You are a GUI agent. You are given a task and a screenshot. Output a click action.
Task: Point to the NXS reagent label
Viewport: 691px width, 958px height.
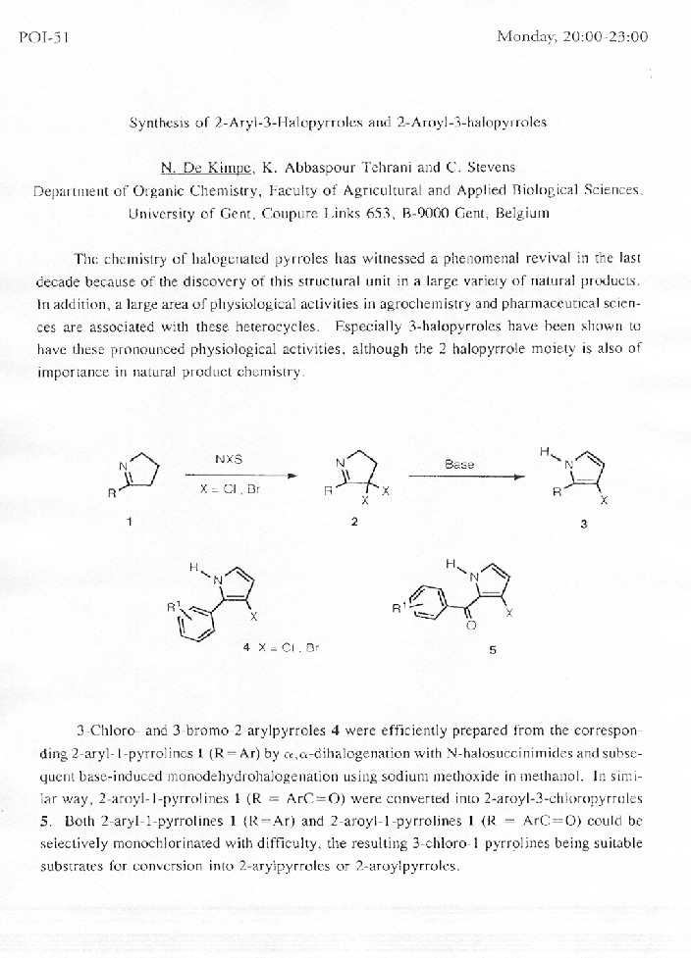coord(229,459)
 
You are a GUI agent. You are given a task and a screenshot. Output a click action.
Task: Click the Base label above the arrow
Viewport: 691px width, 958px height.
coord(458,464)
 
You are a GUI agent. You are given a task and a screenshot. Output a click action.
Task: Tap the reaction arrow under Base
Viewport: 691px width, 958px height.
coord(465,477)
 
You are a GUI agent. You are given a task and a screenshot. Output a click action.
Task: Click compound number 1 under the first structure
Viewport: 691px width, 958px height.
coord(130,522)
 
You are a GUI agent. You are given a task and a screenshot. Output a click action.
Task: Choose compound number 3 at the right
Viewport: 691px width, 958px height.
coord(583,524)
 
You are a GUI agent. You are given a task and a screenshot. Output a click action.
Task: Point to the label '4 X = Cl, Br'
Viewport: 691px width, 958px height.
coord(282,647)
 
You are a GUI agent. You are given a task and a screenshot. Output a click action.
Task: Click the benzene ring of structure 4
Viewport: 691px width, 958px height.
coord(201,621)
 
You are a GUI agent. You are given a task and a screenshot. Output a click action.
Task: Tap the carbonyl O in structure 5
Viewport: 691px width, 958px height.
coord(470,625)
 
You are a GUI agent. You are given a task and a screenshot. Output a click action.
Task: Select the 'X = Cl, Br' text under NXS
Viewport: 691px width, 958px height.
coord(230,489)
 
